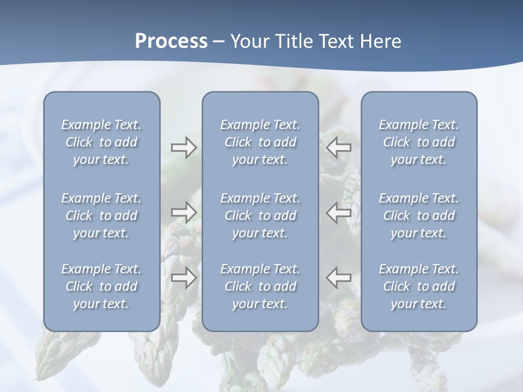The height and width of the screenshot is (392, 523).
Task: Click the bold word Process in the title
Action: tap(171, 41)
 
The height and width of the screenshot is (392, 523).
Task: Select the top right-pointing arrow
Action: tap(184, 148)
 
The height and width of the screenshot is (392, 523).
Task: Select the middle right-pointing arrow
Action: tap(184, 212)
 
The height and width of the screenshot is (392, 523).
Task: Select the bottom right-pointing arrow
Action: tap(184, 278)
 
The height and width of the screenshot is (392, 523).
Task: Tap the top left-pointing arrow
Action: tap(339, 148)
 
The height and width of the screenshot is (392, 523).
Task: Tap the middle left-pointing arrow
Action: tap(339, 212)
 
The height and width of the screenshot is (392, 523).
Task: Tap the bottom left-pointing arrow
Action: tap(339, 278)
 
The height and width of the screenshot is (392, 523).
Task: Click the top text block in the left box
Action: tap(101, 142)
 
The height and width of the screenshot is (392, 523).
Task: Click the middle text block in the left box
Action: tap(101, 216)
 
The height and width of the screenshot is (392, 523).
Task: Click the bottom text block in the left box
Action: tap(101, 286)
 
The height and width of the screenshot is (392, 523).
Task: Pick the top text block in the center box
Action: tap(260, 142)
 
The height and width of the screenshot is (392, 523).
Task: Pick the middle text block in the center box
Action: tap(260, 216)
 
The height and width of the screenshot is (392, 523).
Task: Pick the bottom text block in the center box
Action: tap(260, 286)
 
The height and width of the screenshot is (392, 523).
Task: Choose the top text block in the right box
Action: tap(419, 142)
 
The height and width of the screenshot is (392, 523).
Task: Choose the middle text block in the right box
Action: tap(419, 216)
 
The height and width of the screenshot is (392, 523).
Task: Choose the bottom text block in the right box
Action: tap(419, 286)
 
